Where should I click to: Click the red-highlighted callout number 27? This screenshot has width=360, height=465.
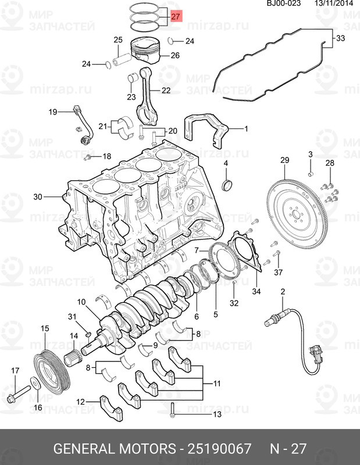[176, 16]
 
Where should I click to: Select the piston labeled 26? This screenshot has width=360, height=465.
[146, 49]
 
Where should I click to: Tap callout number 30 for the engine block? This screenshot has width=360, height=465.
[38, 196]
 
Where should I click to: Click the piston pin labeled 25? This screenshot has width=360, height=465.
[122, 60]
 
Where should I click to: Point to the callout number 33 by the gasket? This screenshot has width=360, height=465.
[341, 38]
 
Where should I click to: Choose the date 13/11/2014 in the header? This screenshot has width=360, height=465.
[334, 3]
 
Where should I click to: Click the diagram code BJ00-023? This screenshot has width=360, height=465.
[284, 3]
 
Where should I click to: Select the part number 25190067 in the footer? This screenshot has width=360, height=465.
[219, 448]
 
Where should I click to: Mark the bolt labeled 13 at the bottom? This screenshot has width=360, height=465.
[172, 410]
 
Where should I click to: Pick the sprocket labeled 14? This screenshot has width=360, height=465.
[73, 357]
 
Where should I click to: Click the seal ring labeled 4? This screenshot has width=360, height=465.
[227, 185]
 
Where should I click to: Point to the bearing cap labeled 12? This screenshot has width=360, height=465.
[111, 408]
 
